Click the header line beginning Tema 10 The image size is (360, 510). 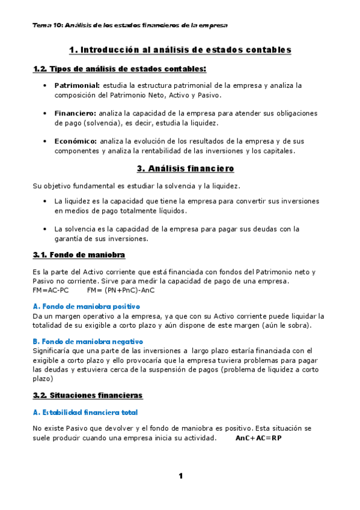(x=130, y=25)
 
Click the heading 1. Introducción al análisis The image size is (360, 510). (x=180, y=49)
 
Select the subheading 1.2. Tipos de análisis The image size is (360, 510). (x=119, y=69)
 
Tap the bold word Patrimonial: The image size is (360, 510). (x=77, y=86)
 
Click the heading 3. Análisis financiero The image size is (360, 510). (x=180, y=168)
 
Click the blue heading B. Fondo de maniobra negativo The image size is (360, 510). (x=96, y=342)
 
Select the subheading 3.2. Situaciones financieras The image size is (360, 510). (x=88, y=395)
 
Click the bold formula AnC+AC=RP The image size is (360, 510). (x=258, y=438)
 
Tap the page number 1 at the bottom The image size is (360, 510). (x=180, y=476)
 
